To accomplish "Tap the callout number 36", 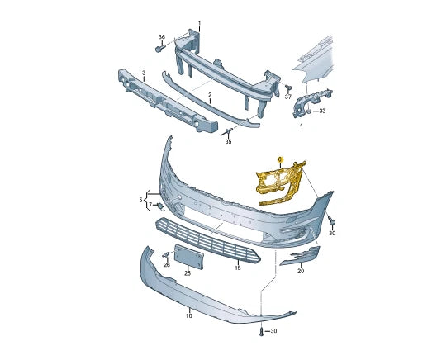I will click(162, 37).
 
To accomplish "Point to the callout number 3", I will click(143, 73).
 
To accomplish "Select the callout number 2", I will click(209, 96).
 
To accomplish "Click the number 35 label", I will click(229, 142).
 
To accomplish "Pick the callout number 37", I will click(288, 97).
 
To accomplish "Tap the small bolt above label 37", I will click(288, 86).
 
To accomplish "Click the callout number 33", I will click(321, 111).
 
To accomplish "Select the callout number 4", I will click(301, 126).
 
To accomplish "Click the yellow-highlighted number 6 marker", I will click(280, 159).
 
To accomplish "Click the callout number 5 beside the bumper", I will click(141, 199).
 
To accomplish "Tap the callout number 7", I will click(150, 205).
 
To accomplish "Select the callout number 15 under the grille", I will click(237, 268).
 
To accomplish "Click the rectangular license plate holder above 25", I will click(188, 258).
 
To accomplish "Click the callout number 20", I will click(301, 271).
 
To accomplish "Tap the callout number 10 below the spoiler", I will click(189, 316).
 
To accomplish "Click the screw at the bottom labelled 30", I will click(262, 331).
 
